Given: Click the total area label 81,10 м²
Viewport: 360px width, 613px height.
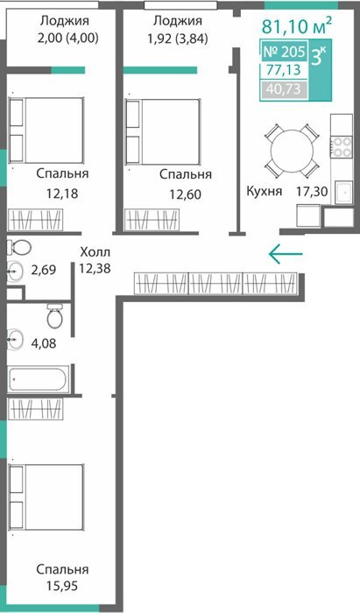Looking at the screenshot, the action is point(297,26).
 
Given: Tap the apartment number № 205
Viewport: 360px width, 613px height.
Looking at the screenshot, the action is point(285,51).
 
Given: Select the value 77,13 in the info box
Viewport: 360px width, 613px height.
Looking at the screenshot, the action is point(284,70).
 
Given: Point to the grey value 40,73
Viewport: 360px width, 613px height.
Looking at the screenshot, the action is point(284,89).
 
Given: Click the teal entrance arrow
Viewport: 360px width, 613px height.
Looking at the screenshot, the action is point(286,254).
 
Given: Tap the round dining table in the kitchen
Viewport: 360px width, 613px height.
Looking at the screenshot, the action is point(292,151).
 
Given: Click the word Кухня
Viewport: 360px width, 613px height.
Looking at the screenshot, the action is point(265,192).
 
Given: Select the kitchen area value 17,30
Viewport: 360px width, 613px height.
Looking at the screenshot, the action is point(312,192).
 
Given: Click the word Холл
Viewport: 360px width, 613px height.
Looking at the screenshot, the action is point(95,252).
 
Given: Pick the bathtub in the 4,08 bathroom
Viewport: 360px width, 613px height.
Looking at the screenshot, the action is point(39,379).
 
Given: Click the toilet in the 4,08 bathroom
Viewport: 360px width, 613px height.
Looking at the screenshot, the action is point(54,316).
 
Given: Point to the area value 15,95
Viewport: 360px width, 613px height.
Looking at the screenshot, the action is point(62,587).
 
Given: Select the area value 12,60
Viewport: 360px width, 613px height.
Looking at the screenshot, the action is point(186,194).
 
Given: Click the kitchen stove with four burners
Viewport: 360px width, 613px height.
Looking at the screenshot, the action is point(342,146).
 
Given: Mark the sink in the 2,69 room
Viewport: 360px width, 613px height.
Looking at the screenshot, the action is point(15,271).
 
